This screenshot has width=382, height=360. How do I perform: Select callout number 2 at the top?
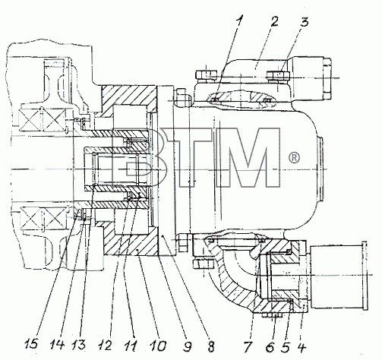[x=273, y=21]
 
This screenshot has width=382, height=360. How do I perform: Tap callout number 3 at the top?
[x=305, y=21]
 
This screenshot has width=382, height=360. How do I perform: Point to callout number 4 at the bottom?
[x=301, y=347]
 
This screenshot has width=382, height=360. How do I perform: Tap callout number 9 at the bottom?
[x=187, y=346]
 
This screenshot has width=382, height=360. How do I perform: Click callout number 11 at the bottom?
[x=130, y=346]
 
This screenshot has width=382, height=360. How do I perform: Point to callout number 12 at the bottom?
[x=104, y=346]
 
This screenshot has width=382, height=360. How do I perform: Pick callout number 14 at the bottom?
[x=56, y=345]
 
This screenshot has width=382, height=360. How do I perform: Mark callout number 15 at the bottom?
[x=31, y=345]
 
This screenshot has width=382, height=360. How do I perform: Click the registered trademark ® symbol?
[x=294, y=158]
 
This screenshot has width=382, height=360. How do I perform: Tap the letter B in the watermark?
[x=135, y=157]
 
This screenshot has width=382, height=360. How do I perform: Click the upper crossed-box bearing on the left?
[x=43, y=119]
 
